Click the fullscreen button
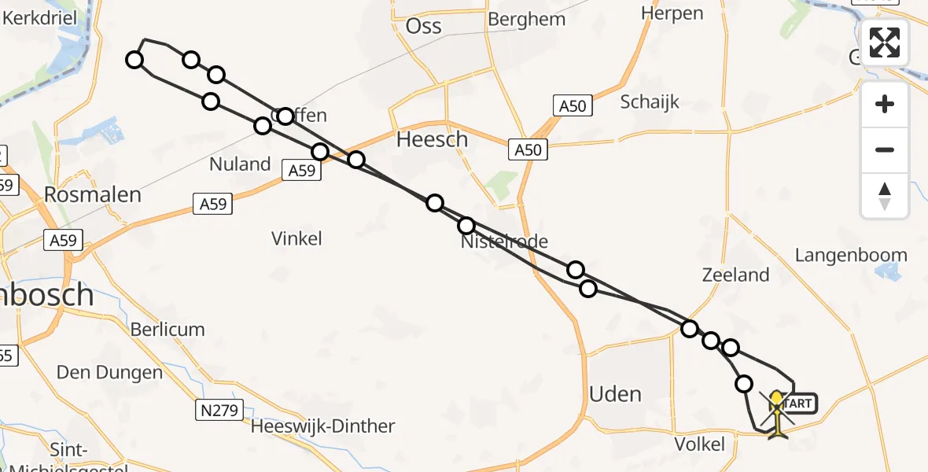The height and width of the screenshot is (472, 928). pos(885,42)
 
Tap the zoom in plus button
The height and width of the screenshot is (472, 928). pos(885,104)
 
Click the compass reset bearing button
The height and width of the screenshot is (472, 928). pos(885,196)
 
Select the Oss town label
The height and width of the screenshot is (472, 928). pos(423,26)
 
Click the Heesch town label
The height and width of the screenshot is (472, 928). pos(432,139)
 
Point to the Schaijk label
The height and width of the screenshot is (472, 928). pos(650,101)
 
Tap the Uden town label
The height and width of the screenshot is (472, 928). pos(616,394)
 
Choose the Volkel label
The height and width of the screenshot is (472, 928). pos(700,444)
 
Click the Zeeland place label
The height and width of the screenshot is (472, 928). pos(735,275)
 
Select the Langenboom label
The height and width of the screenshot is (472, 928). pos(851,256)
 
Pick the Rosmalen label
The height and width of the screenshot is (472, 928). pos(93,195)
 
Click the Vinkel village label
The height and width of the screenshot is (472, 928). pos(296,238)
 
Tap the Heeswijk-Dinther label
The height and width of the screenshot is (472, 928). pos(322,426)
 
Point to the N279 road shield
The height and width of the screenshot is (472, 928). pos(219,409)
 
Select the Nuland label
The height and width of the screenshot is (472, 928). pos(240,164)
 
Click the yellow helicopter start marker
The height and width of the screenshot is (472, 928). pos(777,412)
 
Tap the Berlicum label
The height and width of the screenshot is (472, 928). pos(168,330)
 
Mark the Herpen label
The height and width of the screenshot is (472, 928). pos(672,13)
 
